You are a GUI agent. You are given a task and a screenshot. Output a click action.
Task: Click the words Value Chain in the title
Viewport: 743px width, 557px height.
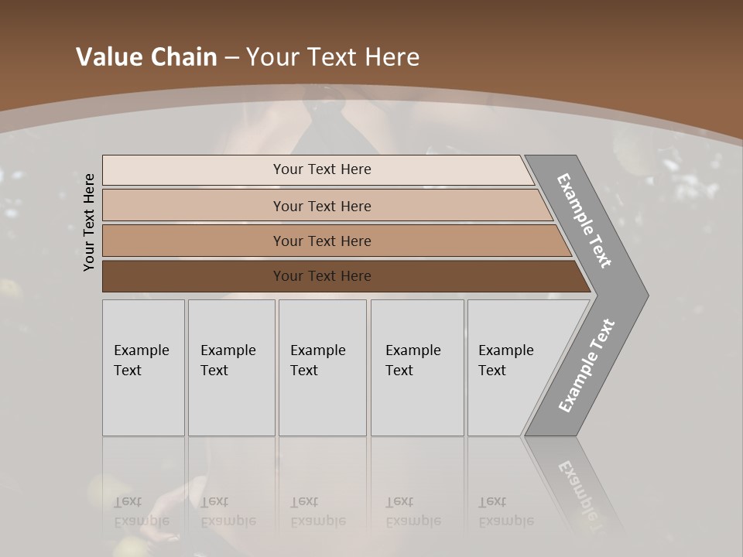pos(146,56)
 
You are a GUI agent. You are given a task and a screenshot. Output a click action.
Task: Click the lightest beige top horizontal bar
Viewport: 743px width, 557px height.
pos(193,169)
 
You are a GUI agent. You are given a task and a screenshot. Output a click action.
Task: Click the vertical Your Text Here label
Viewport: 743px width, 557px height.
pos(89,222)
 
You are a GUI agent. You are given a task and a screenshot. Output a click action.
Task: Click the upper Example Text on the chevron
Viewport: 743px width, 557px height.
pos(584,220)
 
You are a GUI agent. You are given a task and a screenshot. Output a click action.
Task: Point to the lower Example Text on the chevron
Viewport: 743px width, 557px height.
pos(587,366)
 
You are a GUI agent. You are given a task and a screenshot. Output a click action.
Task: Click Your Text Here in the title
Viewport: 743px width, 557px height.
pos(333,56)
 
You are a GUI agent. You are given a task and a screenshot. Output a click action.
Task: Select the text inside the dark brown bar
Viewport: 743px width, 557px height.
pos(322,276)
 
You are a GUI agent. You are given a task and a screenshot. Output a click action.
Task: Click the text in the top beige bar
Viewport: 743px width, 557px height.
pos(322,169)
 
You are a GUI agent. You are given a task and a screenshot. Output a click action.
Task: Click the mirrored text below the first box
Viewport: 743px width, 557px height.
pos(141,511)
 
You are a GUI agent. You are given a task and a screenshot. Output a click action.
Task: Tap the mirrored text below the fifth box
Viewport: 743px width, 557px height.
pos(505,511)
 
